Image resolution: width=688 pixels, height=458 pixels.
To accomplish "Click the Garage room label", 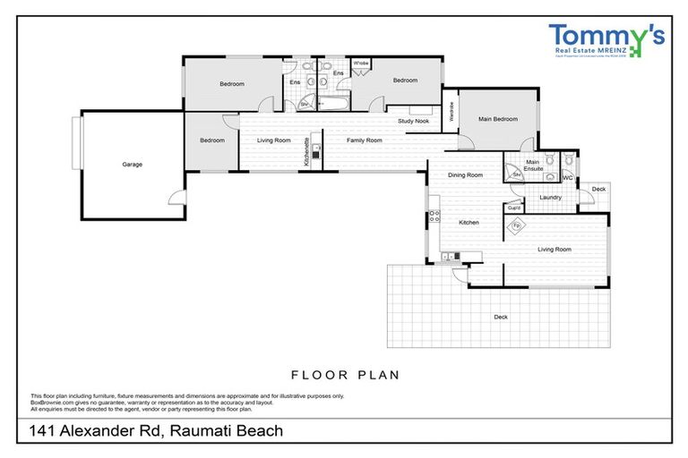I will click(x=133, y=165).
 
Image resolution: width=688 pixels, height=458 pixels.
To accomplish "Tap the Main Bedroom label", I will click(x=497, y=119).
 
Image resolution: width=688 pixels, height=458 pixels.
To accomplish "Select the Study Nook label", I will click(x=414, y=120).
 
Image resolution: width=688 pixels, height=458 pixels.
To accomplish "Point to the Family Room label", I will click(x=365, y=140).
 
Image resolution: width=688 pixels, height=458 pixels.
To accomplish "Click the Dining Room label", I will click(x=465, y=175).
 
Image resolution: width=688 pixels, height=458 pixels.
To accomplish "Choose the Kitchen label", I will click(x=469, y=222).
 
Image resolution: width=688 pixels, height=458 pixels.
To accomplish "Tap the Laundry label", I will click(x=550, y=198).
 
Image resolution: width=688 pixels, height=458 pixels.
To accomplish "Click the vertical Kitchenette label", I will click(x=307, y=152).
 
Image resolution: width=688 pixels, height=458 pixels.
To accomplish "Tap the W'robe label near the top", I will click(x=361, y=64).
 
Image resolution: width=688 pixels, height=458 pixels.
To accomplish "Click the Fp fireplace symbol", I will click(x=517, y=226).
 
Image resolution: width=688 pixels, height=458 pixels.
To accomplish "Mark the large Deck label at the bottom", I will click(x=500, y=317).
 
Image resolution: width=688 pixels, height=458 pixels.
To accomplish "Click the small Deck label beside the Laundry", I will click(x=598, y=190).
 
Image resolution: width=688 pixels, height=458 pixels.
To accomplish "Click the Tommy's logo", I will click(x=606, y=40).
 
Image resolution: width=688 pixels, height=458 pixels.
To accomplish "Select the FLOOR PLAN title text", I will click(x=345, y=375).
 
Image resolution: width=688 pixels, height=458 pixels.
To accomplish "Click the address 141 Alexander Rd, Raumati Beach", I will click(x=156, y=431).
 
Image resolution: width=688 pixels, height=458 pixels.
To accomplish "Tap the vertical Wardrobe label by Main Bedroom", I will click(x=451, y=112).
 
